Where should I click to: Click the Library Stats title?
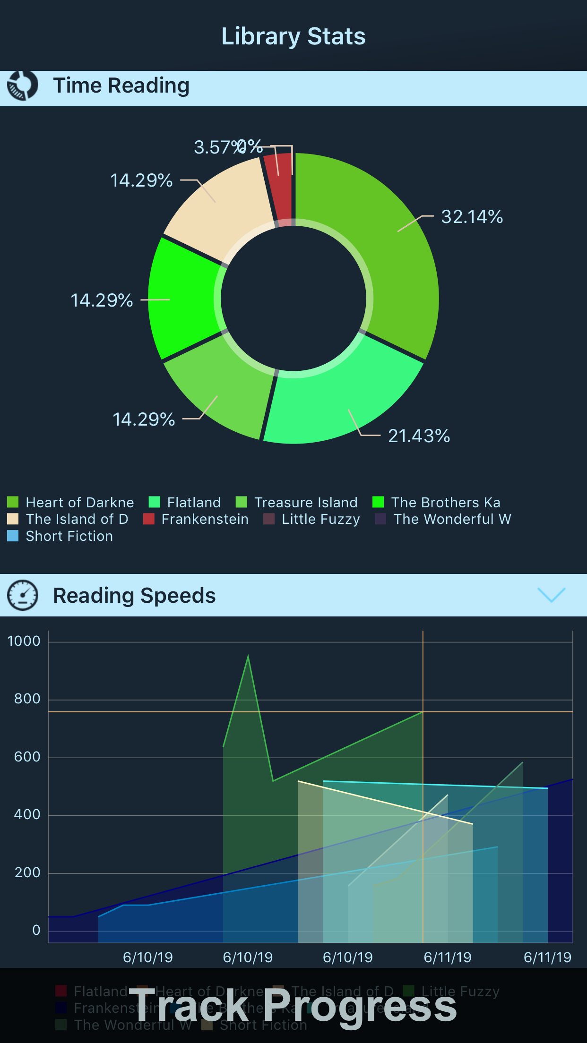293,36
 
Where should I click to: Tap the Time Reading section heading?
121,85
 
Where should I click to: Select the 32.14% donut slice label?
472,217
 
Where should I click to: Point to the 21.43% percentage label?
419,436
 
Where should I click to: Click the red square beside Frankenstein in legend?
149,519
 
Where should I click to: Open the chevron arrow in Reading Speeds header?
551,595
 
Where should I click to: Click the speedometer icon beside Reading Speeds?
22,595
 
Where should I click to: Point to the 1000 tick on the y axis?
24,641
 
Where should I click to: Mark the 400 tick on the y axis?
27,814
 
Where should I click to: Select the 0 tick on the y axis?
36,930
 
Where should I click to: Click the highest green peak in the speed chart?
248,656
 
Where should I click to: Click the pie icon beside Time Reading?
22,85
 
